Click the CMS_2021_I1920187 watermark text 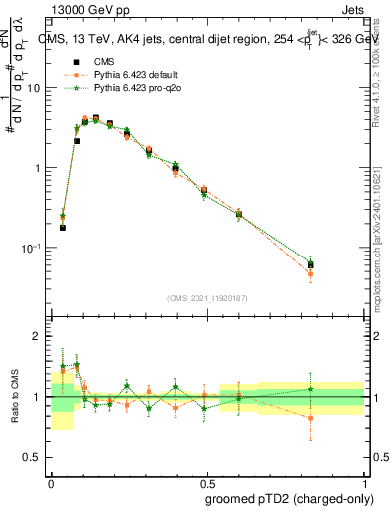[x=206, y=298]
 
